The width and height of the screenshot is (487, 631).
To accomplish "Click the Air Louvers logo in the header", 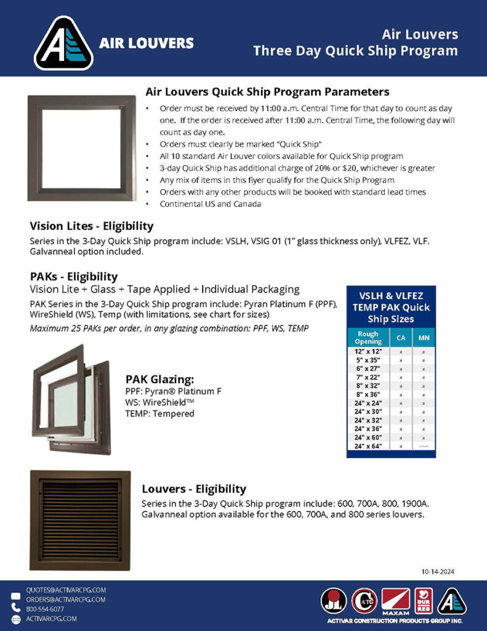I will (x=63, y=43).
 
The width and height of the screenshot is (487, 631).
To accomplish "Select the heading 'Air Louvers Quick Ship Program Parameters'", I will (x=267, y=92).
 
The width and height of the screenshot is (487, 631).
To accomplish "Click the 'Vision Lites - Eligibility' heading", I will (x=92, y=226).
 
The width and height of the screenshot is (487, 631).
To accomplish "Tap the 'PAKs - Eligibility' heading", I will (x=74, y=277).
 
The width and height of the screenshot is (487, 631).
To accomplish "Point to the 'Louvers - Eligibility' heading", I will (x=194, y=489).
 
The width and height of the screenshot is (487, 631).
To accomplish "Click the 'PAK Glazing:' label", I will (x=160, y=379).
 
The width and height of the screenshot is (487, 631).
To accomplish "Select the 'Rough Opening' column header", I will (x=368, y=338).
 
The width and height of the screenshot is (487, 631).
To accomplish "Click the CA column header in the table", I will (x=401, y=338).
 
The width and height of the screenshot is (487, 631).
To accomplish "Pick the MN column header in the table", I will (x=424, y=338).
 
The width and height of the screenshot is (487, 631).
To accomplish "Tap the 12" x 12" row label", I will (x=368, y=351).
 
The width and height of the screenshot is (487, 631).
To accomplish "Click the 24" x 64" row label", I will (x=368, y=446).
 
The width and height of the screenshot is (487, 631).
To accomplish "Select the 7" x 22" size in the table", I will (x=368, y=377).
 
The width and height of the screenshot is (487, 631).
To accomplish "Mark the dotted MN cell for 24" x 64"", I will (x=424, y=446).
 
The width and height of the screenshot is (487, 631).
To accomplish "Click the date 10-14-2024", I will (x=438, y=571).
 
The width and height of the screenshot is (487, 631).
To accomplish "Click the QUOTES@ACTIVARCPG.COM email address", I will (x=66, y=590).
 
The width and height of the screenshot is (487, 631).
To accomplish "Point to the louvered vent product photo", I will (x=80, y=520).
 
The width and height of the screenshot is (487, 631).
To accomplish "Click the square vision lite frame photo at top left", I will (x=81, y=148).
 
